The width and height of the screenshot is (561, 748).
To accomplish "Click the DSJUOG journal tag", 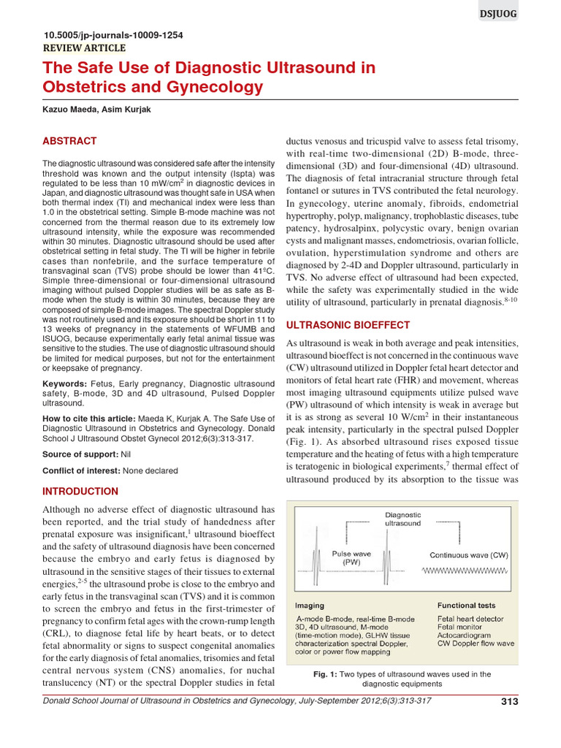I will tap(535, 15).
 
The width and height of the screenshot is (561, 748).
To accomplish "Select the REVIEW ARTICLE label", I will tap(85, 48).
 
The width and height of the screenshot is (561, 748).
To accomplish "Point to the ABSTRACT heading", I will tap(69, 141).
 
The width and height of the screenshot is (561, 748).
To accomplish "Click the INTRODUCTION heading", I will tap(80, 491).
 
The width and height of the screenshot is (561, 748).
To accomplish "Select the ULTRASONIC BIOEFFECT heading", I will tap(347, 324).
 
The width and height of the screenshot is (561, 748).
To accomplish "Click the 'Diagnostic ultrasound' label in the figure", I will tap(403, 519).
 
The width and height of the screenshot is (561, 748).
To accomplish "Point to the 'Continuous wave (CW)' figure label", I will tap(468, 555).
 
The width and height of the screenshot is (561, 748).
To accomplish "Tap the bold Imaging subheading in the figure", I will tap(310, 606).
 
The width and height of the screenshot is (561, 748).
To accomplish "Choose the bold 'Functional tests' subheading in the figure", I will tap(466, 606).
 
